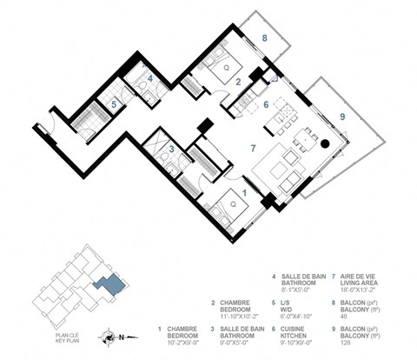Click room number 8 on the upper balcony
coord(264,38)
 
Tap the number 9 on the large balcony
coord(342,116)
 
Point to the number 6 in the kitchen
coord(267,104)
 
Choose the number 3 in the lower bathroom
coord(173,149)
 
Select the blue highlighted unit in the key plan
coord(111,283)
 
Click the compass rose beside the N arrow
coord(106,334)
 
